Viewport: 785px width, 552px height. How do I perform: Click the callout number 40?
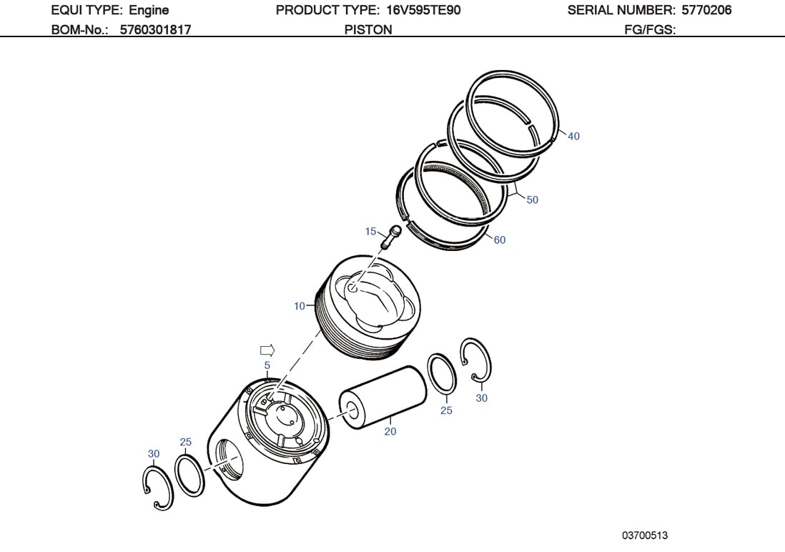click(x=573, y=137)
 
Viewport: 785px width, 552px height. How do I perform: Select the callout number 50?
click(x=533, y=200)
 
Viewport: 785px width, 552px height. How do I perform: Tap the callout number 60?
click(x=499, y=240)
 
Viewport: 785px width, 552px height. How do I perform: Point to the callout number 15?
click(x=370, y=231)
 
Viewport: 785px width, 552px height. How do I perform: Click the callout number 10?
click(x=299, y=306)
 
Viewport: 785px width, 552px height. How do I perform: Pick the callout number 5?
click(x=267, y=365)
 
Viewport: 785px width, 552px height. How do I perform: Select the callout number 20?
click(x=390, y=432)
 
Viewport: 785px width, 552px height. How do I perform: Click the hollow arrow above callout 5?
click(x=267, y=350)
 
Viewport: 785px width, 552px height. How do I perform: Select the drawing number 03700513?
click(x=645, y=535)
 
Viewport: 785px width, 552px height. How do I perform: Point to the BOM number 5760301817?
click(x=155, y=29)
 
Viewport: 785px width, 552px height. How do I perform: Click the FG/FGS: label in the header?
click(x=650, y=29)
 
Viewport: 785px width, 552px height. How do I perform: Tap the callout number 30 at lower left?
click(x=154, y=453)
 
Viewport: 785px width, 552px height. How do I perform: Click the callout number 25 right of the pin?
click(x=446, y=411)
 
